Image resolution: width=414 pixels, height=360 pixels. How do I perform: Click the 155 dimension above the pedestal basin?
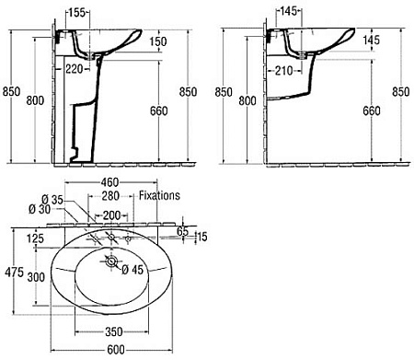tap(76, 13)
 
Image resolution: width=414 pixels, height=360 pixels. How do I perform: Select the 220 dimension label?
tap(75, 69)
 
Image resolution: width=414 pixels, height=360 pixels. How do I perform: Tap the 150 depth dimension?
tap(158, 41)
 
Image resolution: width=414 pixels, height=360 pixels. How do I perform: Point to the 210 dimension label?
tap(284, 71)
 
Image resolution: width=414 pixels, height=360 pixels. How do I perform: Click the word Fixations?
tap(159, 195)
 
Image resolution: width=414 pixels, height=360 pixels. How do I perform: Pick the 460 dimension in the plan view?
tap(109, 182)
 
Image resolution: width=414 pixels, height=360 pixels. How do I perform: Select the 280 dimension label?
tap(110, 196)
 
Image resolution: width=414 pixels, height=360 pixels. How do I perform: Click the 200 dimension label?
tap(111, 215)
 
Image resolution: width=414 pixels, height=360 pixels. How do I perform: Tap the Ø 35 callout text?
tap(52, 200)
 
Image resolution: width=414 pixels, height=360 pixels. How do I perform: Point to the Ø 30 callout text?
tap(40, 209)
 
